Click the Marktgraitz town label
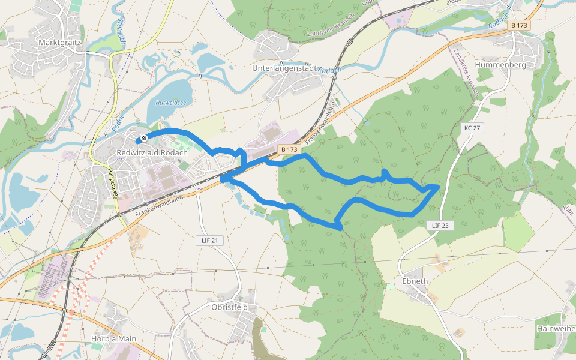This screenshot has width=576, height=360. coord(59,43)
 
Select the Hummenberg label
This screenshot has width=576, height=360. coord(500,64)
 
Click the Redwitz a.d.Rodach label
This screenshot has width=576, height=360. coord(152,153)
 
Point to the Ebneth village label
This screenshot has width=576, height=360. coord(414,281)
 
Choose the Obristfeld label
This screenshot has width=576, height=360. coord(230,307)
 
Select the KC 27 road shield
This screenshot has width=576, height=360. coord(473,128)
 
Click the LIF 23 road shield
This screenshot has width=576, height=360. coord(440,226)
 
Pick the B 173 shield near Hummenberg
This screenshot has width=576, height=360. coord(519,25)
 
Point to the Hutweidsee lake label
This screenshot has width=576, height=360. coord(171,103)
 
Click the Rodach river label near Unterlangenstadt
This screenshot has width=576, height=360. coord(329,70)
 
